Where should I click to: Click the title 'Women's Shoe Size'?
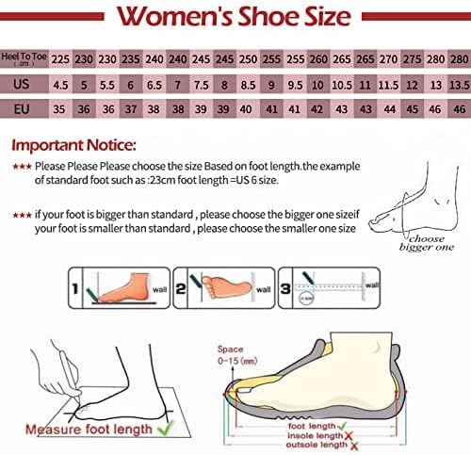click(x=235, y=17)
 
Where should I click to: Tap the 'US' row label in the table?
click(x=24, y=84)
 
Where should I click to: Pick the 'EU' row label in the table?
click(x=24, y=109)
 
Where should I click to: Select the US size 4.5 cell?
click(x=60, y=84)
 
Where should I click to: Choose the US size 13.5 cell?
click(x=459, y=84)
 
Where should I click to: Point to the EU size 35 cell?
click(x=60, y=109)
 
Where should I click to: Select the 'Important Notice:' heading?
click(x=73, y=147)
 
